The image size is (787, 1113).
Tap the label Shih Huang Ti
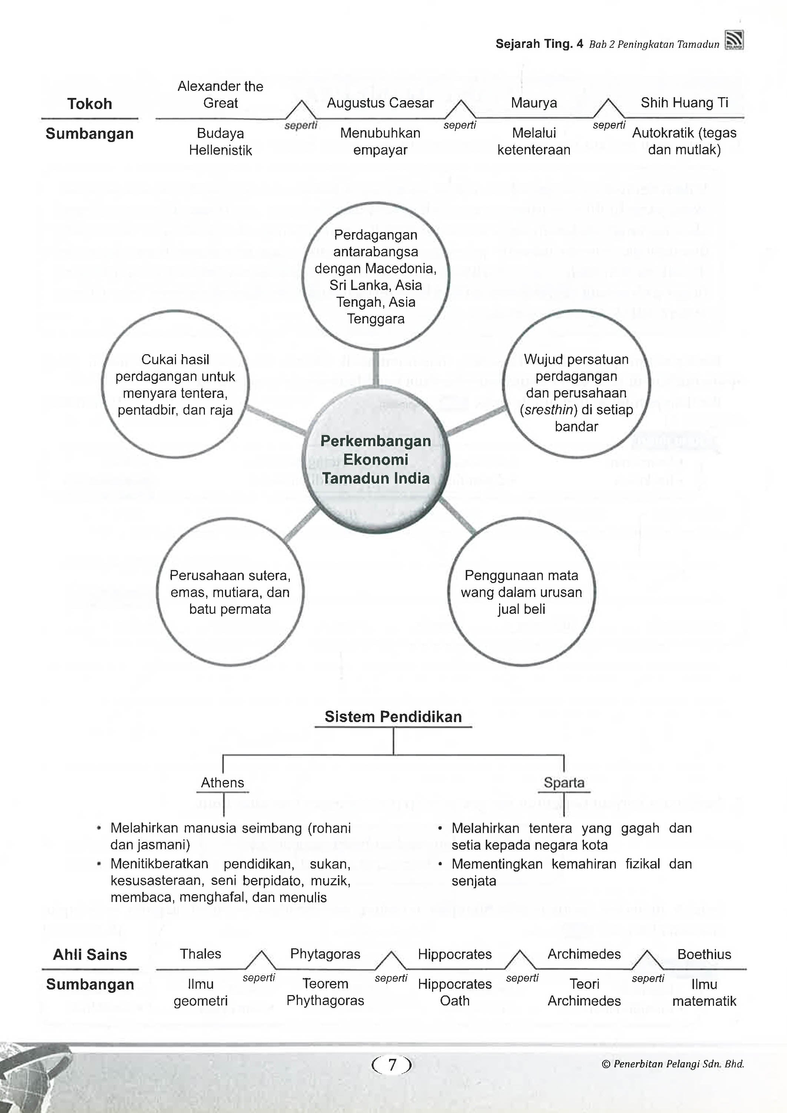tap(684, 103)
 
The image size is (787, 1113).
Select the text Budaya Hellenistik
tap(220, 142)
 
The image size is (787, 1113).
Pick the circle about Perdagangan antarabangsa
tap(376, 276)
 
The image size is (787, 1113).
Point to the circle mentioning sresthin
tap(576, 393)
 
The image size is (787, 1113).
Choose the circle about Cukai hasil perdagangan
tap(175, 385)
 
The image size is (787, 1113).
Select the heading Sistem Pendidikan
tap(393, 717)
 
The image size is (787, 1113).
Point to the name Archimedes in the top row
tap(584, 954)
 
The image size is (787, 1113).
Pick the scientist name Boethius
tap(704, 954)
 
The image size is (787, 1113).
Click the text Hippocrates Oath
tap(455, 992)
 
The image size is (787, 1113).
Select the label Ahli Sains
tap(90, 954)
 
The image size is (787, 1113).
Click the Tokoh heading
tap(90, 104)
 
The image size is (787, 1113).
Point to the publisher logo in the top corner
tap(734, 41)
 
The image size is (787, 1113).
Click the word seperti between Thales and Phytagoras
tap(259, 978)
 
